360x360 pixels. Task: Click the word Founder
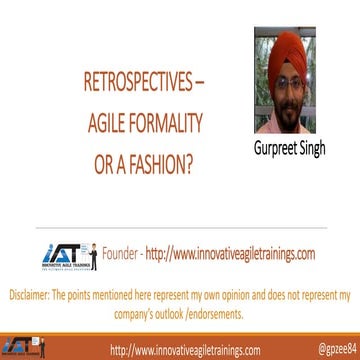click(124, 254)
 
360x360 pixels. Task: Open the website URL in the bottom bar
click(185, 350)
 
